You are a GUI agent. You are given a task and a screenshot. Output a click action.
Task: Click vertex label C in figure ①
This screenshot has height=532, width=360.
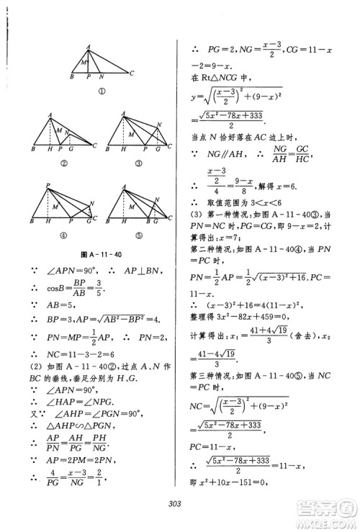(x=132, y=72)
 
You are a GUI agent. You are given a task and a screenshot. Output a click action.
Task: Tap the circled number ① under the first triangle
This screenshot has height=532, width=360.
(x=102, y=91)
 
